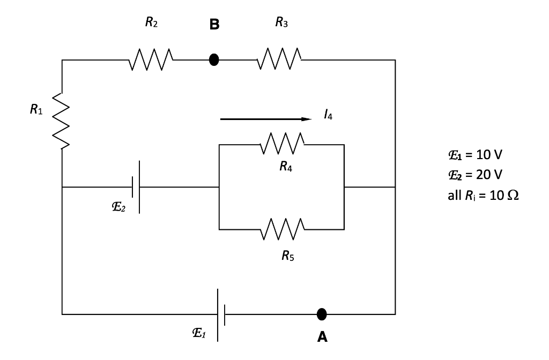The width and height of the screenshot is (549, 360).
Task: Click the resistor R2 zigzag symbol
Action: point(151,59)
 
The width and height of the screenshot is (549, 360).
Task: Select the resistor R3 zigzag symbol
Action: point(280,59)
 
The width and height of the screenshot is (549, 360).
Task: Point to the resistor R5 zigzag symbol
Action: point(283,229)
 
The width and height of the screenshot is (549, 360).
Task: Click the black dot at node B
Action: point(214,60)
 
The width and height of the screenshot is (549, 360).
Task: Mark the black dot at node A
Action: point(322,314)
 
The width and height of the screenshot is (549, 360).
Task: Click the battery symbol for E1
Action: point(221,314)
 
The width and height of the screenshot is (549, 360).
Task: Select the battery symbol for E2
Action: point(136,187)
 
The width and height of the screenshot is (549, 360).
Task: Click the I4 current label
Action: point(328,115)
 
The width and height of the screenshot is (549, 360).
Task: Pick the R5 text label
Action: point(287,256)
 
